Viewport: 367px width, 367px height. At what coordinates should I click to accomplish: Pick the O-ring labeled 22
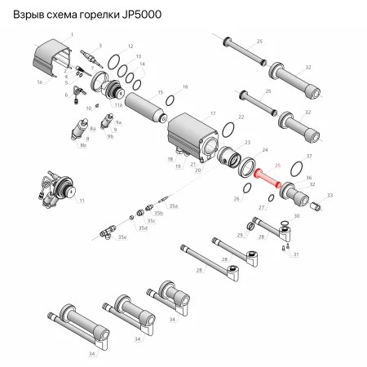[231, 133]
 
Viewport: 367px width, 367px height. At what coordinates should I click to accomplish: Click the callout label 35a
[171, 206]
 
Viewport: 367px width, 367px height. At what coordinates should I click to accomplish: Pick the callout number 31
[296, 254]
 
